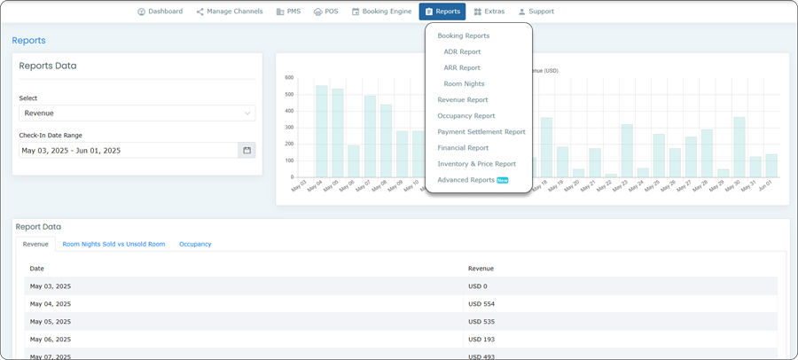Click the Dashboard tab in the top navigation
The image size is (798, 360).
[x=160, y=12]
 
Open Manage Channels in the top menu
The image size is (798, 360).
[x=231, y=12]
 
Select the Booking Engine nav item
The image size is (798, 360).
[x=382, y=12]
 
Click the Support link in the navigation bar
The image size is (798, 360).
[x=536, y=12]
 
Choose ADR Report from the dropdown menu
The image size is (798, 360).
[x=462, y=52]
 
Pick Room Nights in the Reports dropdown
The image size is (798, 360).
[x=464, y=84]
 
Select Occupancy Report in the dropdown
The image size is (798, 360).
[x=465, y=116]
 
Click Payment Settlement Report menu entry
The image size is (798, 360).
[x=481, y=132]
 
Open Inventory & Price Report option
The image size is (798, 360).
[x=476, y=164]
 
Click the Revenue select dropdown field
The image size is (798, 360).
[x=137, y=113]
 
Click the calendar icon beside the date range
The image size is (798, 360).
[x=246, y=151]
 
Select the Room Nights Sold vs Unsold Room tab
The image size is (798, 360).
[x=113, y=244]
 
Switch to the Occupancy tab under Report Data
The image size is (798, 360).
[x=195, y=244]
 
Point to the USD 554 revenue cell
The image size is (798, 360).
[x=481, y=304]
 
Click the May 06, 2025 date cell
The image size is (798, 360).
[x=50, y=340]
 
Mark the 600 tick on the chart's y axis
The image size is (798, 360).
[x=289, y=78]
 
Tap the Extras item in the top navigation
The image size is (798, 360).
[x=489, y=12]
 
